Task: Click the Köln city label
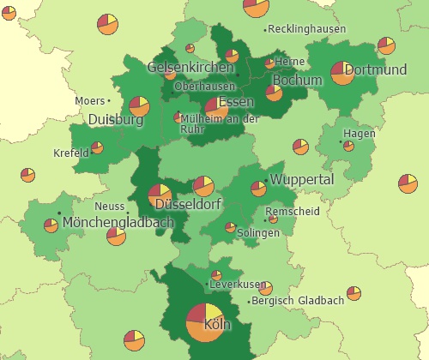click(219, 326)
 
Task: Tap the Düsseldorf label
click(188, 205)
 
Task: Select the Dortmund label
click(375, 69)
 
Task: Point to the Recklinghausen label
click(306, 29)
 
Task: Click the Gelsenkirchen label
click(190, 67)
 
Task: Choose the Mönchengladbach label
click(118, 223)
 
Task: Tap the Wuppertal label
click(301, 180)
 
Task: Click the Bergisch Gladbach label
click(299, 301)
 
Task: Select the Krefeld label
click(71, 153)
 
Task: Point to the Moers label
click(89, 101)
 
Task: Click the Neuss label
click(109, 207)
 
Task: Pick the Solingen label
click(258, 233)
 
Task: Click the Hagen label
click(359, 134)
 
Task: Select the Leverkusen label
click(238, 284)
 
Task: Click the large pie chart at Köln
click(206, 323)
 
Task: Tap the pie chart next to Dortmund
click(341, 73)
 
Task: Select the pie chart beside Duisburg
click(140, 107)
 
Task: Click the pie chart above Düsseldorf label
click(160, 195)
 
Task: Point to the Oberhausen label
click(204, 87)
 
